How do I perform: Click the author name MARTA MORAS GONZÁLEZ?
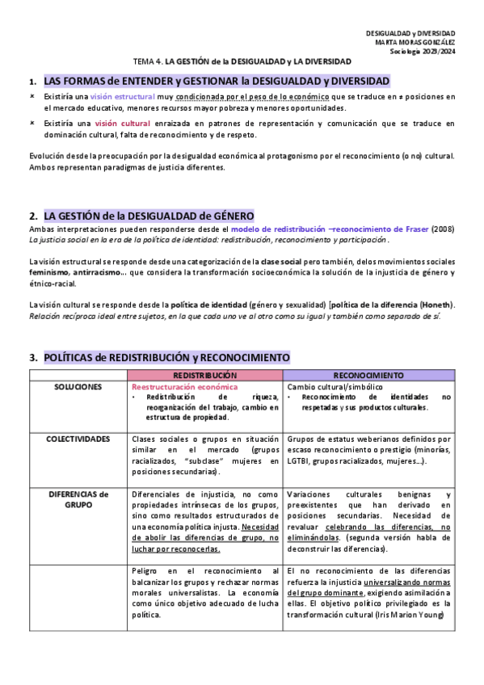point(410,42)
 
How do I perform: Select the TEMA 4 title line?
point(242,61)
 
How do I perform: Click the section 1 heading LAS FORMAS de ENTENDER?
point(217,82)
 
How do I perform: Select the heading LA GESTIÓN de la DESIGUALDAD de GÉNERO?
point(149,216)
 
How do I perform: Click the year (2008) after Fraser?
point(443,229)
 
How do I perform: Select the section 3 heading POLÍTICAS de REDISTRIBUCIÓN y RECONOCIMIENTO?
point(166,357)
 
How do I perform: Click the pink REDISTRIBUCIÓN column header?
point(205,376)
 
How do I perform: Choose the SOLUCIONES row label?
point(78,387)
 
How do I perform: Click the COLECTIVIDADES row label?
point(78,439)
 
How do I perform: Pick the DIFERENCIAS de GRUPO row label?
point(78,498)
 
